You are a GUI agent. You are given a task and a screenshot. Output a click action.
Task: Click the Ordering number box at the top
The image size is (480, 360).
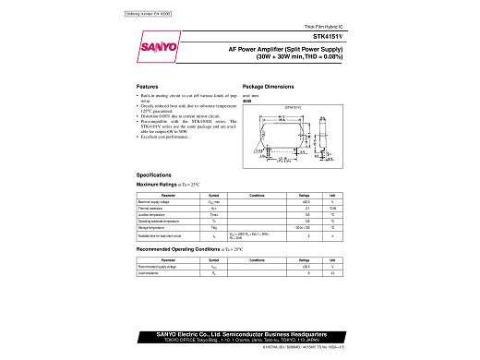pos(147,14)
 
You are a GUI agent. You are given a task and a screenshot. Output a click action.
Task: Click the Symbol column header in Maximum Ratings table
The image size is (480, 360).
pos(213,196)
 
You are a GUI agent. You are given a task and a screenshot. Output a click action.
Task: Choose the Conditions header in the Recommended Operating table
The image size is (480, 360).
pos(257,260)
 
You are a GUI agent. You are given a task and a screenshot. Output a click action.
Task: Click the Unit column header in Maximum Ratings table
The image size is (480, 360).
pos(331,196)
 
